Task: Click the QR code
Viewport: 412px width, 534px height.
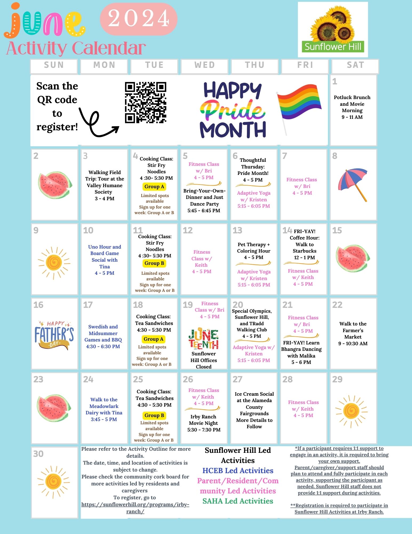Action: pos(145,103)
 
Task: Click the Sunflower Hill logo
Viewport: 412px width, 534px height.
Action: pos(333,30)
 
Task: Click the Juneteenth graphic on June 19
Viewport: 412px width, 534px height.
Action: pos(203,338)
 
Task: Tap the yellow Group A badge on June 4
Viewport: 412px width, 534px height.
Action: pos(154,187)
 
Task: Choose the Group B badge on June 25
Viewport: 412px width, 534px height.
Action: pos(154,415)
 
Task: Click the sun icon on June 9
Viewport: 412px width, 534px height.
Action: pos(54,263)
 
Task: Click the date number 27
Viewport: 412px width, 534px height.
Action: pos(237,379)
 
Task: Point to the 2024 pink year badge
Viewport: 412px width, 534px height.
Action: pos(139,19)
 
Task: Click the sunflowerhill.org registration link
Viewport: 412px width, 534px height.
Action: pos(135,508)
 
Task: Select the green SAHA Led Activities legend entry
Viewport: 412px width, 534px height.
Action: pos(238,501)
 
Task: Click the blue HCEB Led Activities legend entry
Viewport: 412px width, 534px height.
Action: pos(238,470)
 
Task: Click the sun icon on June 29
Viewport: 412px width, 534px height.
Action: pos(351,411)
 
